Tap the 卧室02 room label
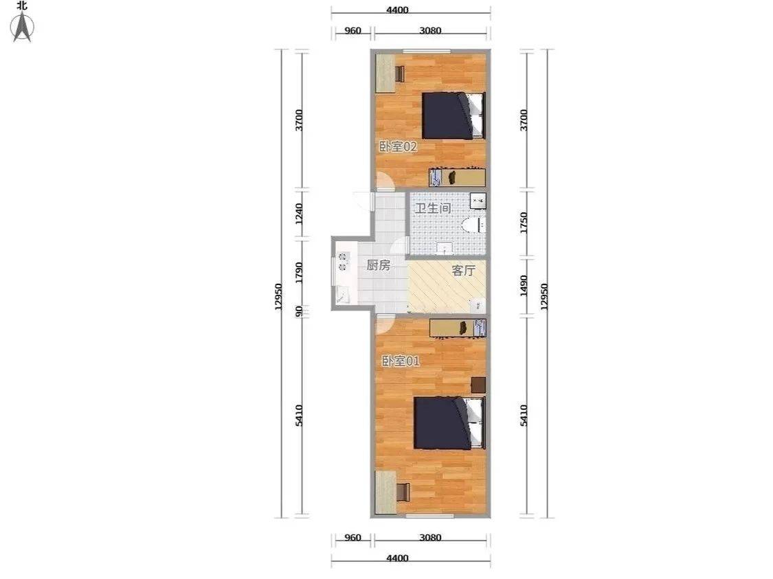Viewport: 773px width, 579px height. click(398, 146)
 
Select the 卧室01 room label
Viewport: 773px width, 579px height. click(401, 361)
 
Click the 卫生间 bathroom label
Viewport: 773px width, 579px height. click(433, 208)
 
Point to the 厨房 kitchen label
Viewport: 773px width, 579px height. click(378, 265)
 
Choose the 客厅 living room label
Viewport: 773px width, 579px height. click(463, 270)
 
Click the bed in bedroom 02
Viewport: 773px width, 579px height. click(453, 115)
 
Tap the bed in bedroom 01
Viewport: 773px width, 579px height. click(449, 423)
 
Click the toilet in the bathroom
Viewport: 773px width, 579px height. click(474, 225)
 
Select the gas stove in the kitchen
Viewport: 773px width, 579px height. click(343, 262)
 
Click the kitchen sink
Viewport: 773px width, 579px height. click(343, 295)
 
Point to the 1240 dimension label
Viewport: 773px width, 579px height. click(299, 214)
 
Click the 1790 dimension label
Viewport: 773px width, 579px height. click(299, 273)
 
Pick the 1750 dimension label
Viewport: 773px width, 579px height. click(524, 223)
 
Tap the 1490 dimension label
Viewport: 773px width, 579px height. click(524, 286)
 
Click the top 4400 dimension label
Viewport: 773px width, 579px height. click(397, 10)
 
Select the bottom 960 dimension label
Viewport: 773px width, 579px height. click(352, 538)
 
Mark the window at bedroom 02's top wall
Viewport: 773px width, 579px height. click(427, 52)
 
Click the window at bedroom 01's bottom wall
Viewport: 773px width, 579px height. click(429, 516)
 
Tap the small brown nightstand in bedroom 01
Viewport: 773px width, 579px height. click(478, 385)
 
